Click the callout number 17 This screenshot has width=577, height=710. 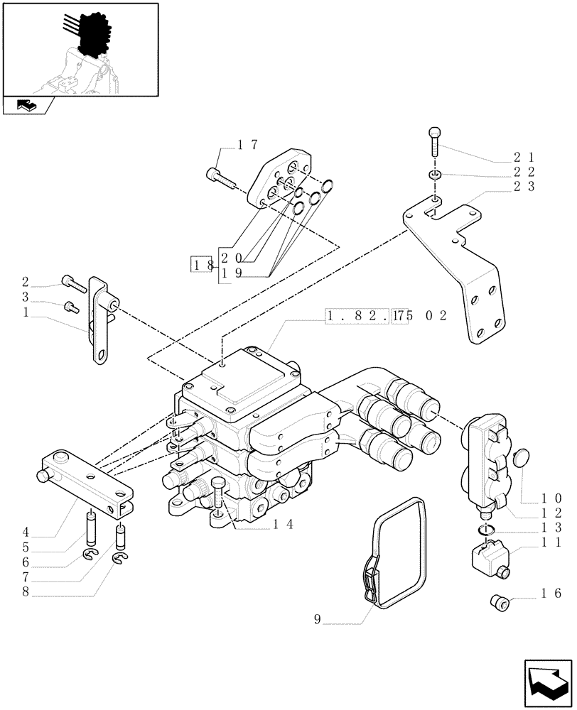[247, 145]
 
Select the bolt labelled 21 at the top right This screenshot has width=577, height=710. [435, 141]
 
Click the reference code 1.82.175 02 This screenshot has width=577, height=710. [385, 315]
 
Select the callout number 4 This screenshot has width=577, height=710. [26, 531]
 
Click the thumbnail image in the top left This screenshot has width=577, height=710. [80, 49]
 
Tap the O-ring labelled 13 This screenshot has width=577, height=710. [485, 530]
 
